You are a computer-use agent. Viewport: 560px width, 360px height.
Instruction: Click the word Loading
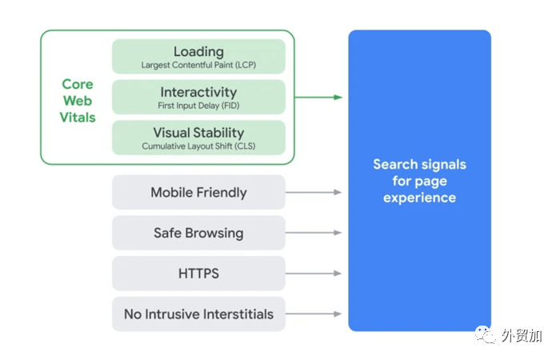198,52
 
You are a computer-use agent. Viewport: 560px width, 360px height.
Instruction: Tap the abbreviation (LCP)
246,65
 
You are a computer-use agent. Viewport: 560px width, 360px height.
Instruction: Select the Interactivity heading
198,92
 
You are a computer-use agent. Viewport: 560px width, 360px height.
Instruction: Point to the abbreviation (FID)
230,106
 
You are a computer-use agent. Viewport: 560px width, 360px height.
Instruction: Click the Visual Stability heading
198,133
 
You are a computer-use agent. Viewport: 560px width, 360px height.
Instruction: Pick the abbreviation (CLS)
245,146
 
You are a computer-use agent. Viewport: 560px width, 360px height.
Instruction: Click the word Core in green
78,84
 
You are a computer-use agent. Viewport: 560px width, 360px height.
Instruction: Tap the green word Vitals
78,118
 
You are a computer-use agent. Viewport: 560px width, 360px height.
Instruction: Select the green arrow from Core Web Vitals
318,97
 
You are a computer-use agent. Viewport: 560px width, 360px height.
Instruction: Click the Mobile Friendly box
198,192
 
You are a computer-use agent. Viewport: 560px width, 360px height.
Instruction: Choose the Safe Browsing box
198,233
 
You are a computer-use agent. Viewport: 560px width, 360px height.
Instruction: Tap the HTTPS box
198,274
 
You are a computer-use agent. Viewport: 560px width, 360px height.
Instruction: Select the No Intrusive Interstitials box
198,314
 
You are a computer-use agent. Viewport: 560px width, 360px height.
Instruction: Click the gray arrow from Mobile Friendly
314,192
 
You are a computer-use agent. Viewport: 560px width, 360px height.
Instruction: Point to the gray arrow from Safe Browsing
314,233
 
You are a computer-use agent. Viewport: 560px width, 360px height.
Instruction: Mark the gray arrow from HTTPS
314,274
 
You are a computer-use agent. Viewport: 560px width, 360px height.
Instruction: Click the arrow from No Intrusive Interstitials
314,314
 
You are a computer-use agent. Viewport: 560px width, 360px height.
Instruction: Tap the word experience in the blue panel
420,198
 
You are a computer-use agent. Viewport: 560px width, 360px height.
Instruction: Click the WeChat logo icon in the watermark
486,334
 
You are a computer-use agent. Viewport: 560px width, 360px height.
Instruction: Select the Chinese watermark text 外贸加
522,336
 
